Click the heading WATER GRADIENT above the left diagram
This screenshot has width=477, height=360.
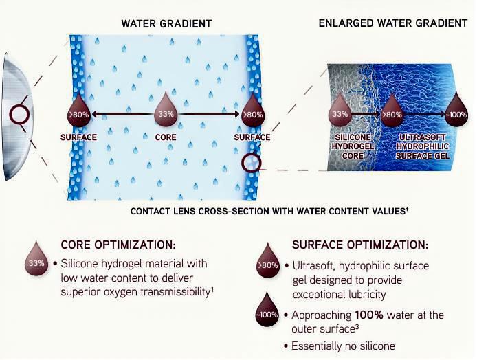point(166,24)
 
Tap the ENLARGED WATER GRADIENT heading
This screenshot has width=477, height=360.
point(392,23)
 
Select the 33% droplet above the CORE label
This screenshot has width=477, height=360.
point(166,109)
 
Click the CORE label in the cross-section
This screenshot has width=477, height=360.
point(166,137)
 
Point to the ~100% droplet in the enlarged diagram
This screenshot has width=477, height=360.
point(456,110)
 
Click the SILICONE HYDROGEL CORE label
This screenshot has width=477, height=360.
point(353,146)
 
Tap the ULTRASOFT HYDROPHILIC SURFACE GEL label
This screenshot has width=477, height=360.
point(422,146)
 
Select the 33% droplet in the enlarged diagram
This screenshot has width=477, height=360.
point(340,109)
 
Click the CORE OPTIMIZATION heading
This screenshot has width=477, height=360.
point(118,245)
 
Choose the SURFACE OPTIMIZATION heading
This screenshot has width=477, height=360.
point(360,245)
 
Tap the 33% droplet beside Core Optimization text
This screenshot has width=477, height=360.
point(36,259)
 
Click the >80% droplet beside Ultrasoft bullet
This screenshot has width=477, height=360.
point(267,261)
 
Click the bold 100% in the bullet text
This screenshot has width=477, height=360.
point(369,315)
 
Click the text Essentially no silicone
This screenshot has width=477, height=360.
point(343,346)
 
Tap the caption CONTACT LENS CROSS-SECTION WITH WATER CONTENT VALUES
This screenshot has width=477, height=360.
point(269,211)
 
